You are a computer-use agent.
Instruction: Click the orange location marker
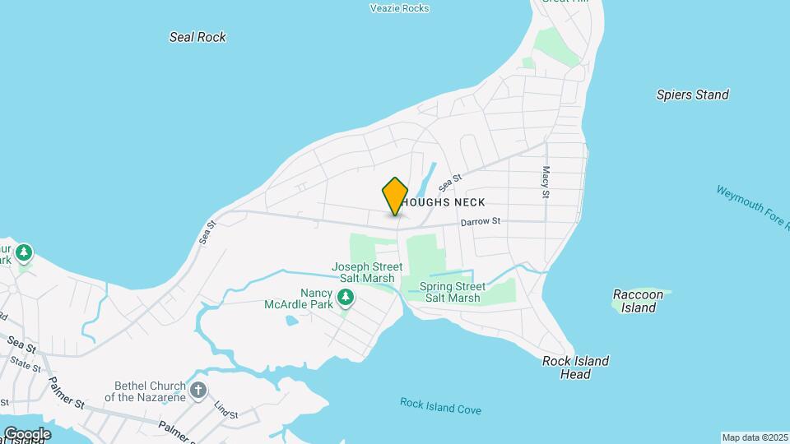(x=395, y=196)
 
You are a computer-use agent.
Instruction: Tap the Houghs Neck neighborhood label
(x=445, y=202)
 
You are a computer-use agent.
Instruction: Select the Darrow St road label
(x=481, y=221)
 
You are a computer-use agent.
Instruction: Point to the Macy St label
(x=545, y=182)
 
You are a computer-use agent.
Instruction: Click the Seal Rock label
(x=197, y=37)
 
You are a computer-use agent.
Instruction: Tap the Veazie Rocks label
(x=400, y=8)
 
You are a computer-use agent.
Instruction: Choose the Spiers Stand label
(x=692, y=95)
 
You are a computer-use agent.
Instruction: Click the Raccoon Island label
(x=638, y=301)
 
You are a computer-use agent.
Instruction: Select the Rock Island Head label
(x=576, y=368)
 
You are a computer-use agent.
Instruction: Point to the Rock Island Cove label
(x=440, y=405)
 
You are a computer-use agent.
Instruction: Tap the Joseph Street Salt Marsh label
(x=367, y=272)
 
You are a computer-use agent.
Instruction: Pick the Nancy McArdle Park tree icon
(x=346, y=296)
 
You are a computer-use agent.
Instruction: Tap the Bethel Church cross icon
(x=197, y=391)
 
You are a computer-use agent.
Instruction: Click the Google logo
(x=27, y=434)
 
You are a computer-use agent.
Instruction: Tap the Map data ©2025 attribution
(x=755, y=437)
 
